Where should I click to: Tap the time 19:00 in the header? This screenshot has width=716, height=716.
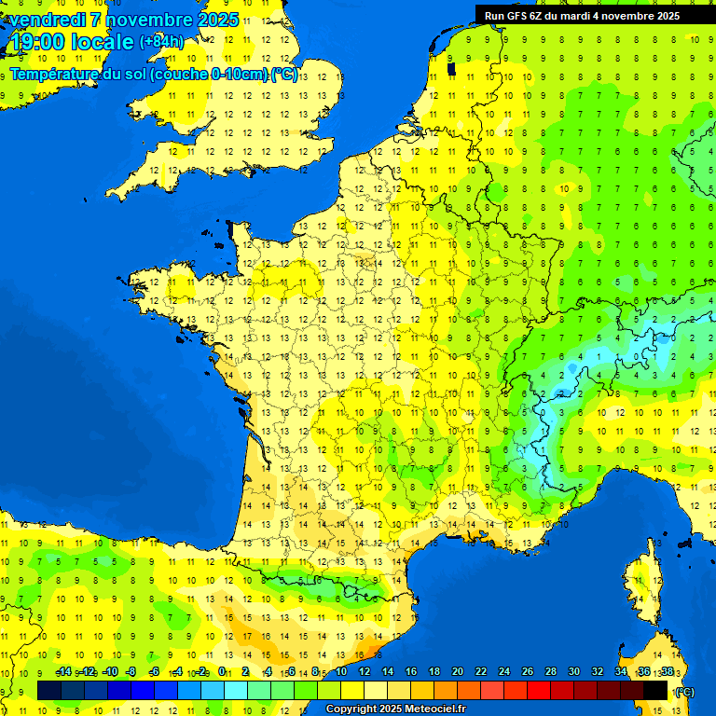(36, 41)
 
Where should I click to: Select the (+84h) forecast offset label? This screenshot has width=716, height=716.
(161, 41)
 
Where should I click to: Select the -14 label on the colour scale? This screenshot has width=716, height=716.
(64, 672)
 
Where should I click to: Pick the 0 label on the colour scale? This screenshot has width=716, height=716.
(222, 672)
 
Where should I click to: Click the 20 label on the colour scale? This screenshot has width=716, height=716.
(457, 672)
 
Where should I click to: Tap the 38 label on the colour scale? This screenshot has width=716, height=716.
(667, 672)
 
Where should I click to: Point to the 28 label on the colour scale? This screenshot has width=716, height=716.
(550, 672)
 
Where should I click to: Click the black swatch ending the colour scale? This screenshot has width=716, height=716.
(655, 690)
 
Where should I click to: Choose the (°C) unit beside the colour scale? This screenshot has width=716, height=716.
(684, 691)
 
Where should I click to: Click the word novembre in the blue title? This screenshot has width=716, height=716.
(149, 20)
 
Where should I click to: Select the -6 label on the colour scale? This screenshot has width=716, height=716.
(153, 672)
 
